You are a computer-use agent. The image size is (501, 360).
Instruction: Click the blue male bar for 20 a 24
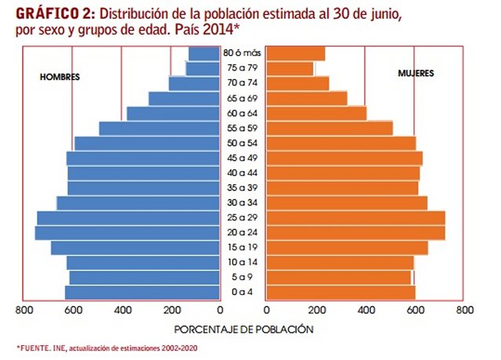(x=127, y=233)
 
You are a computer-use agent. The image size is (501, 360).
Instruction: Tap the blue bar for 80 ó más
(x=204, y=53)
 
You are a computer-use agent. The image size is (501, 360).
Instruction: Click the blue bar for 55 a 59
(x=159, y=128)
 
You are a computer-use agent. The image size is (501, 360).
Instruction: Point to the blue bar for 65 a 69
(x=184, y=98)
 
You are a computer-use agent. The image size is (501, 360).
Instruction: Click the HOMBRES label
(x=60, y=77)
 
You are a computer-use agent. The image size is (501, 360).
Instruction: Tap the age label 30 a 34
(x=242, y=203)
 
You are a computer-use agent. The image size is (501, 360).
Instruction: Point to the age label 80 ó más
(x=242, y=53)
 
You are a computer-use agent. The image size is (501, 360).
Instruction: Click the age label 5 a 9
(x=242, y=278)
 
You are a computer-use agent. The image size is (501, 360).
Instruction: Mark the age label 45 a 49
(x=242, y=158)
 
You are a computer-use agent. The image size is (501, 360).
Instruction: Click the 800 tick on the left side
(x=24, y=311)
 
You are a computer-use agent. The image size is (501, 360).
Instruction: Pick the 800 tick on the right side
(x=463, y=311)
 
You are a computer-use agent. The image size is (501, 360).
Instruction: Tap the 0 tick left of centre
(x=220, y=311)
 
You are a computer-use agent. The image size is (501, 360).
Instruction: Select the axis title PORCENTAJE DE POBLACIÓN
(x=243, y=329)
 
